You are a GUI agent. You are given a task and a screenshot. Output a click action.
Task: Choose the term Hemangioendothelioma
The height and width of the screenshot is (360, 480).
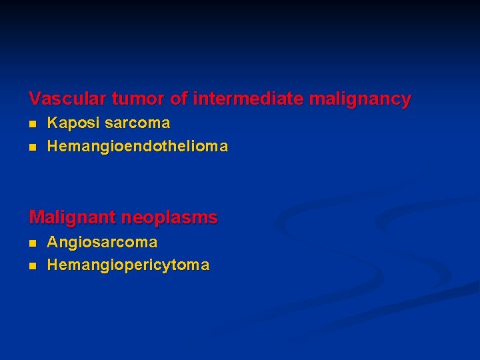tap(137, 146)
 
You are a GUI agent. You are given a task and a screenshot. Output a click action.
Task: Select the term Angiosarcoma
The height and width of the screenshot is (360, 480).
tap(102, 242)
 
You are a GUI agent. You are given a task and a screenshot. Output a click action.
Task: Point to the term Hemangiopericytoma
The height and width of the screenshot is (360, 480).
tap(128, 265)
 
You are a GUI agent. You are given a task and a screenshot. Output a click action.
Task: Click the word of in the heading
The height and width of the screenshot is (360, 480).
tap(178, 99)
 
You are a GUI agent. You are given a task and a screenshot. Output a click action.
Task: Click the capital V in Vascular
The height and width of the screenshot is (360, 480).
tap(35, 99)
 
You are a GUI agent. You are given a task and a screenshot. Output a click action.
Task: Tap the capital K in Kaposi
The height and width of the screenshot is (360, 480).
tap(52, 123)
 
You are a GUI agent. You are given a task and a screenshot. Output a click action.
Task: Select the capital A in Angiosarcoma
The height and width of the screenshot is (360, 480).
tap(52, 242)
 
